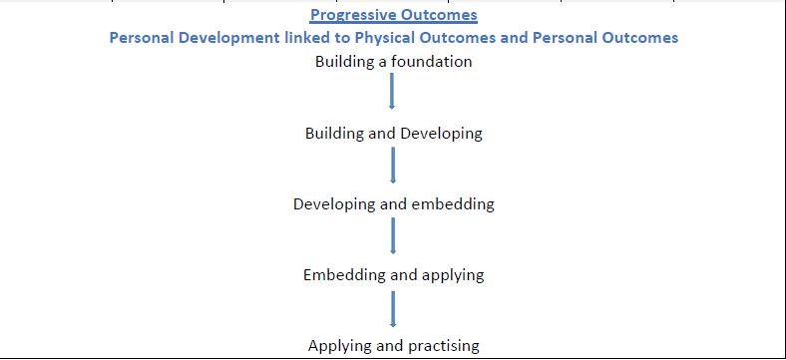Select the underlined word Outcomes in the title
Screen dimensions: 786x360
tap(438, 15)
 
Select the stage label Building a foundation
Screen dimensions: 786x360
tap(394, 62)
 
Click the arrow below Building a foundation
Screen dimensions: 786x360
tap(392, 92)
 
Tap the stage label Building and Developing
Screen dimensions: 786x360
tap(394, 134)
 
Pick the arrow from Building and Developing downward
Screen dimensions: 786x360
tap(392, 165)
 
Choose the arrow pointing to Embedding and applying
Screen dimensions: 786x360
tap(392, 235)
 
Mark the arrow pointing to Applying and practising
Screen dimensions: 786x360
tap(392, 309)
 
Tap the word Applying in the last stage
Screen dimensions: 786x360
tap(341, 345)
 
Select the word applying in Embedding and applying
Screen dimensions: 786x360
tap(453, 275)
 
